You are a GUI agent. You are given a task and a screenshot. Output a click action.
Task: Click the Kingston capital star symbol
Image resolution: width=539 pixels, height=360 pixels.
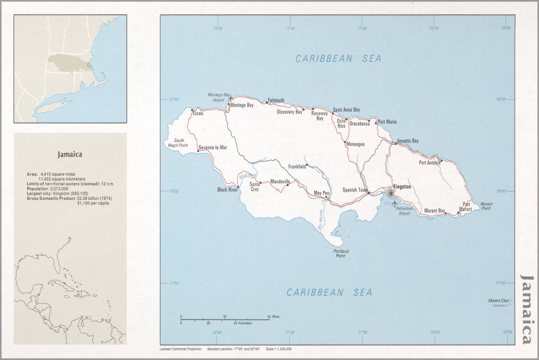click(391, 193)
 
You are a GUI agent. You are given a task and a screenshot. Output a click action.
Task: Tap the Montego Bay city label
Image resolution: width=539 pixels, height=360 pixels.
click(242, 105)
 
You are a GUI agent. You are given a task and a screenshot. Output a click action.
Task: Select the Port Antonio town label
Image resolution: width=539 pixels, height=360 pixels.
click(430, 163)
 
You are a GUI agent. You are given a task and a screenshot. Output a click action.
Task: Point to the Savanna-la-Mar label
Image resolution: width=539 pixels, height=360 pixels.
click(213, 148)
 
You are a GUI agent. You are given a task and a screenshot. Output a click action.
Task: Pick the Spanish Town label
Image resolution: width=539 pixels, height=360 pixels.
click(355, 190)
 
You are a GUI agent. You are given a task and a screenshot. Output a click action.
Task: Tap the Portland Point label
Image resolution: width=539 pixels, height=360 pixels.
click(341, 254)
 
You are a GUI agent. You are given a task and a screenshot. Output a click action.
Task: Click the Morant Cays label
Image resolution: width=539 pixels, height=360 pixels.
click(498, 300)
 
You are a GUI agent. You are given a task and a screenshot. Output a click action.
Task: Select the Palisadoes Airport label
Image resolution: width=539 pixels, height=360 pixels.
click(403, 211)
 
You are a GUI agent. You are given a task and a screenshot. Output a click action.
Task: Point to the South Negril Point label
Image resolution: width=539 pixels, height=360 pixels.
click(179, 143)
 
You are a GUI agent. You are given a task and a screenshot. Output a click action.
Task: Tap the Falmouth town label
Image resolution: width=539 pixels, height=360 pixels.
click(276, 100)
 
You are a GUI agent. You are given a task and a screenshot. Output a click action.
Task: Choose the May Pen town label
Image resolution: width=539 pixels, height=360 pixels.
click(321, 193)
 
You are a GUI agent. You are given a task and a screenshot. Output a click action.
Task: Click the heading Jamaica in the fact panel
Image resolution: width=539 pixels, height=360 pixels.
click(70, 154)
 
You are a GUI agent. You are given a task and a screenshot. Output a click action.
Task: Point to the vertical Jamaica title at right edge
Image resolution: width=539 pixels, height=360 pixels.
click(527, 309)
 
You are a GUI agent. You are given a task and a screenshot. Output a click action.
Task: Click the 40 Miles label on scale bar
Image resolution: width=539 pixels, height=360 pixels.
click(273, 316)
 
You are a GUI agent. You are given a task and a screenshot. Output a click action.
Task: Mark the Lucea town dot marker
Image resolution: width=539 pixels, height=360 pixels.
click(192, 110)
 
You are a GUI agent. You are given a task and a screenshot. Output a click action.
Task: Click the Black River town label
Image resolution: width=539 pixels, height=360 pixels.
click(228, 190)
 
